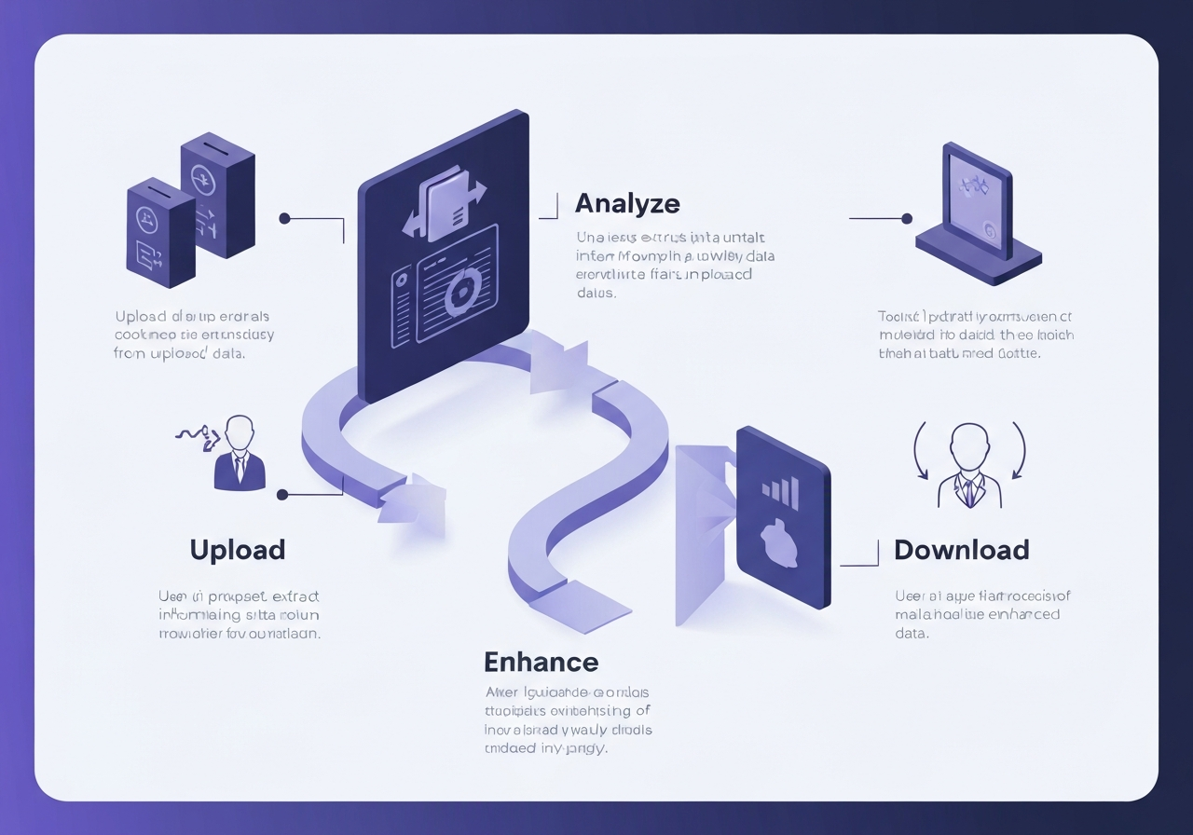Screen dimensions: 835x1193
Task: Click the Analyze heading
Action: click(627, 203)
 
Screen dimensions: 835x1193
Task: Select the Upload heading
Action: click(238, 550)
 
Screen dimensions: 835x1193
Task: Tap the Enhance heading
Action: click(541, 663)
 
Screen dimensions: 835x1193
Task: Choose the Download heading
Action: click(961, 550)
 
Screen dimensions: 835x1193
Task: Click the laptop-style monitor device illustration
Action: click(977, 213)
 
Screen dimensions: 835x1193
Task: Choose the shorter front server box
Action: click(160, 232)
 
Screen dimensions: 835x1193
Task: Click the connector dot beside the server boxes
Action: click(285, 219)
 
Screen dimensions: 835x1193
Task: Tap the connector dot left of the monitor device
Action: click(906, 219)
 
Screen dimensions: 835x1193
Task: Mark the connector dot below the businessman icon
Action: click(283, 496)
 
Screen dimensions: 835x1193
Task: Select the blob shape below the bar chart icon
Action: click(777, 544)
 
